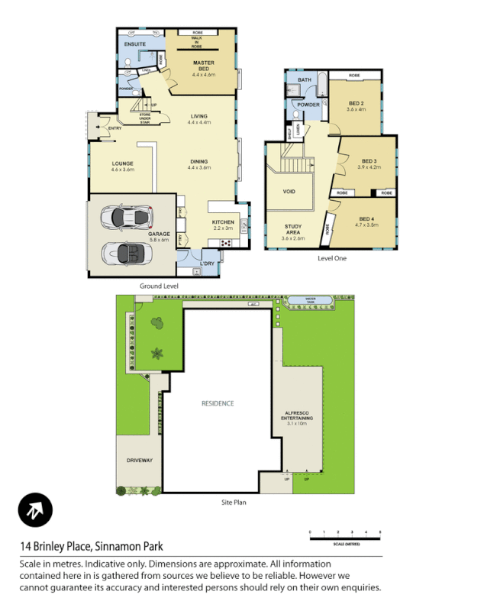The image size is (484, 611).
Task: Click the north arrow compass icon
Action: tap(35, 509)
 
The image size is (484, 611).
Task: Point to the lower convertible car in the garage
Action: tap(125, 253)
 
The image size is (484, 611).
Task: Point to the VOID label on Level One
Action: tap(289, 192)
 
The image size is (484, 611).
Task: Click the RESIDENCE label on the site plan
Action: tap(218, 403)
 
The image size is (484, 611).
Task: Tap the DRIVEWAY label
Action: tap(139, 461)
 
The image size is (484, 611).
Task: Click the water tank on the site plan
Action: tap(310, 299)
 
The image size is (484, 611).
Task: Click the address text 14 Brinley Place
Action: tap(91, 546)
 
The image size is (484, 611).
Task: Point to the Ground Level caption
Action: tap(159, 286)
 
